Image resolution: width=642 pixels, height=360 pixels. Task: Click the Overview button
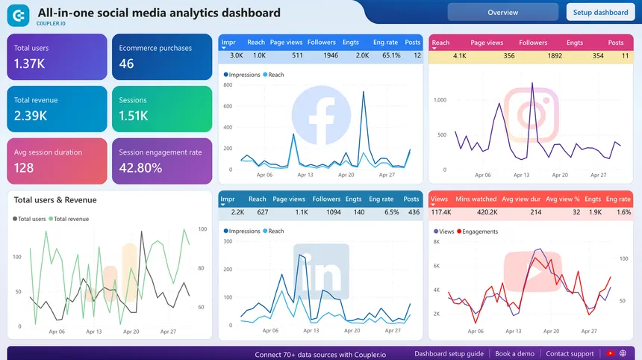(502, 13)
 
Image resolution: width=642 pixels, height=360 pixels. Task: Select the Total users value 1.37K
(30, 63)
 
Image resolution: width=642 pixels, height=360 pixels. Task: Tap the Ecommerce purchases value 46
(127, 63)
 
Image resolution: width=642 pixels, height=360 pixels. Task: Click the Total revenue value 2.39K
(30, 116)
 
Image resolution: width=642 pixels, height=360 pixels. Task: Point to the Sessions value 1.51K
(134, 116)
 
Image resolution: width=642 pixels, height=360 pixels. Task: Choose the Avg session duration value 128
(24, 168)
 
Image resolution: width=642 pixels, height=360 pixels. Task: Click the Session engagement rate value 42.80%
(140, 168)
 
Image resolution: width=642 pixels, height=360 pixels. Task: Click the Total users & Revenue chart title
(55, 200)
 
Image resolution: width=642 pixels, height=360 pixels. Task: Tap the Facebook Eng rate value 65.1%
(385, 55)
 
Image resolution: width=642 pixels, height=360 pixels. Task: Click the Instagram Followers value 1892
(533, 55)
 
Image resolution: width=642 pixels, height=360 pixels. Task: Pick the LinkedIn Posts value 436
(411, 212)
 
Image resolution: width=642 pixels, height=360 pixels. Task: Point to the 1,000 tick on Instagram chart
(440, 99)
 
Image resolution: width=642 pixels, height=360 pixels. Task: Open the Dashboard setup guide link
(449, 353)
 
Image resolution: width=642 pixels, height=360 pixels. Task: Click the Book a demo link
(514, 353)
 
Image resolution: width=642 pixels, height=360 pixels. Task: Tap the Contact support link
(570, 353)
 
